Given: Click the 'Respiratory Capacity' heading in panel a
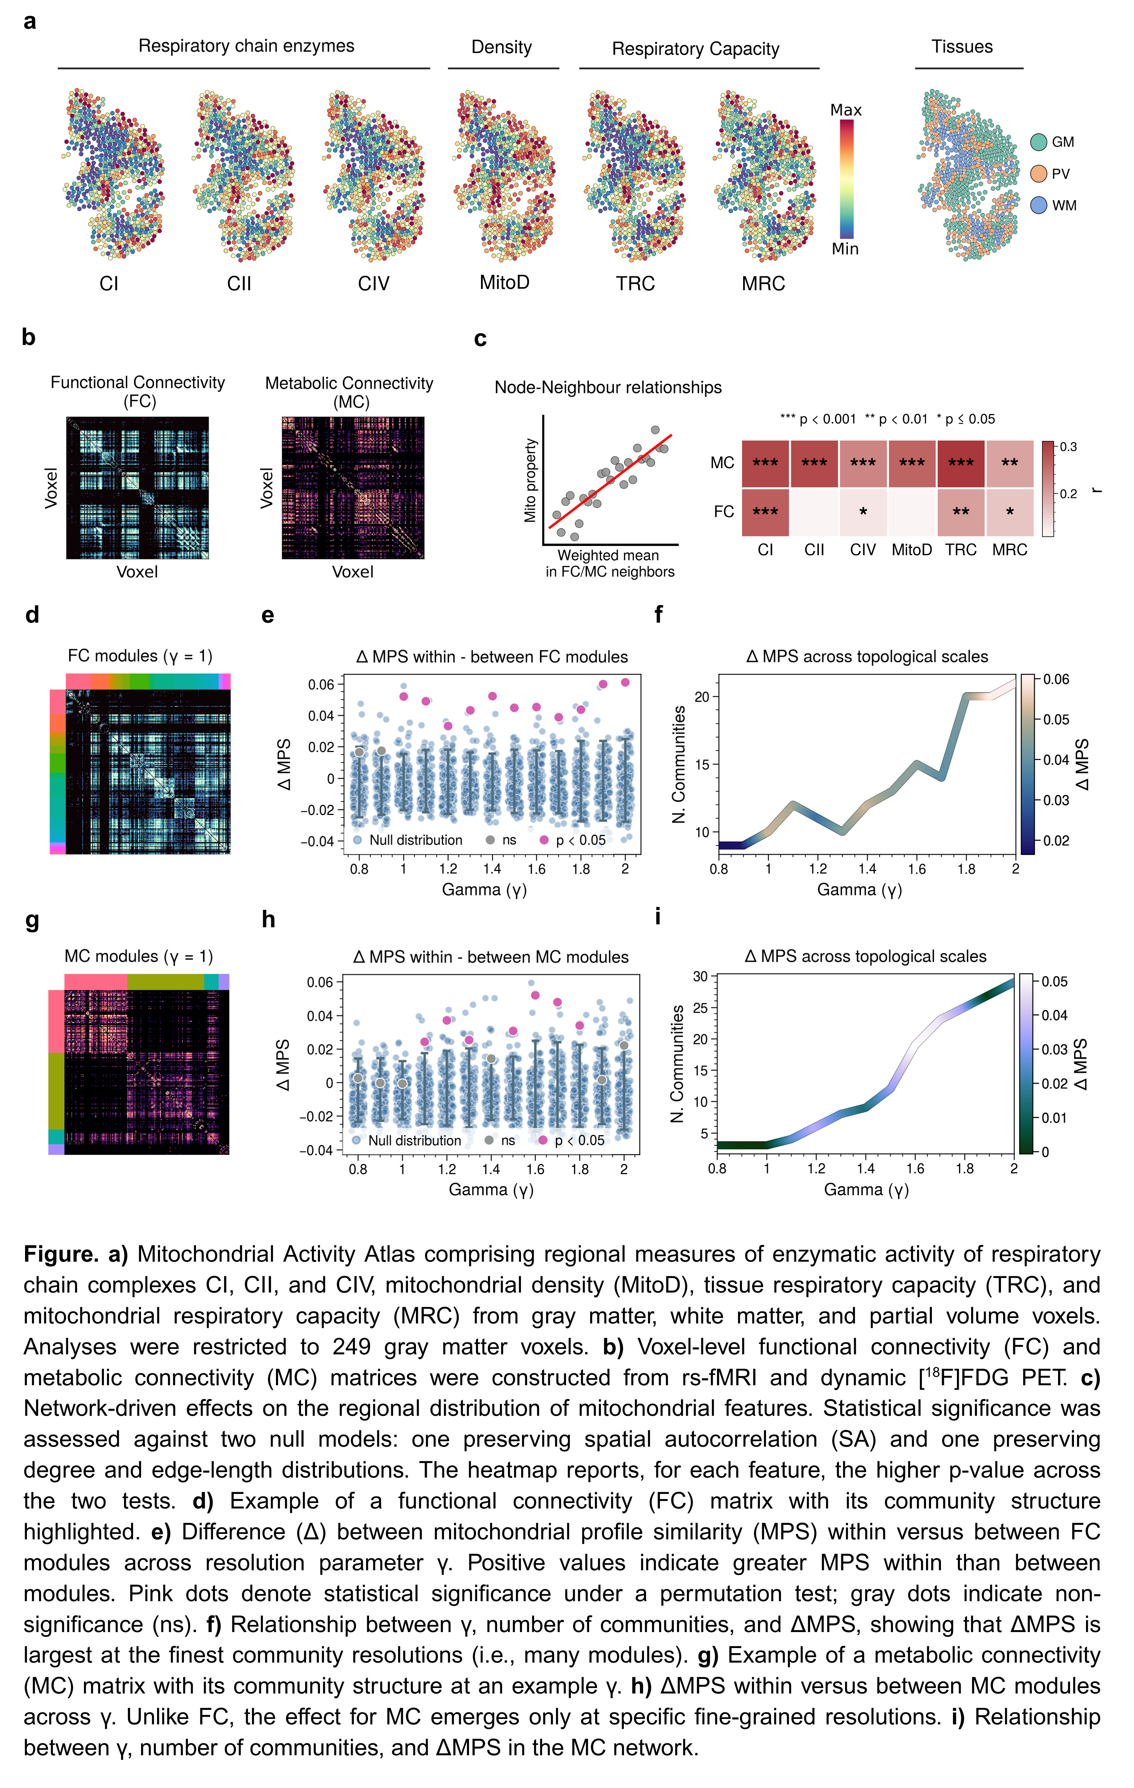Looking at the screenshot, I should pyautogui.click(x=695, y=49).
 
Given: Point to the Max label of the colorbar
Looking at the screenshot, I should pyautogui.click(x=846, y=110).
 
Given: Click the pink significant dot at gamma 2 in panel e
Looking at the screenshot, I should pyautogui.click(x=625, y=682).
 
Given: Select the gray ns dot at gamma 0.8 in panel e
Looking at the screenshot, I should pyautogui.click(x=360, y=752).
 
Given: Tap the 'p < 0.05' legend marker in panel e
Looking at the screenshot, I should pyautogui.click(x=544, y=840).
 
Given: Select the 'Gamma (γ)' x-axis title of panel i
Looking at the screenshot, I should pyautogui.click(x=866, y=1190).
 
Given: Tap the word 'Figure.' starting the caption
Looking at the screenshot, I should pyautogui.click(x=61, y=1254).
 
